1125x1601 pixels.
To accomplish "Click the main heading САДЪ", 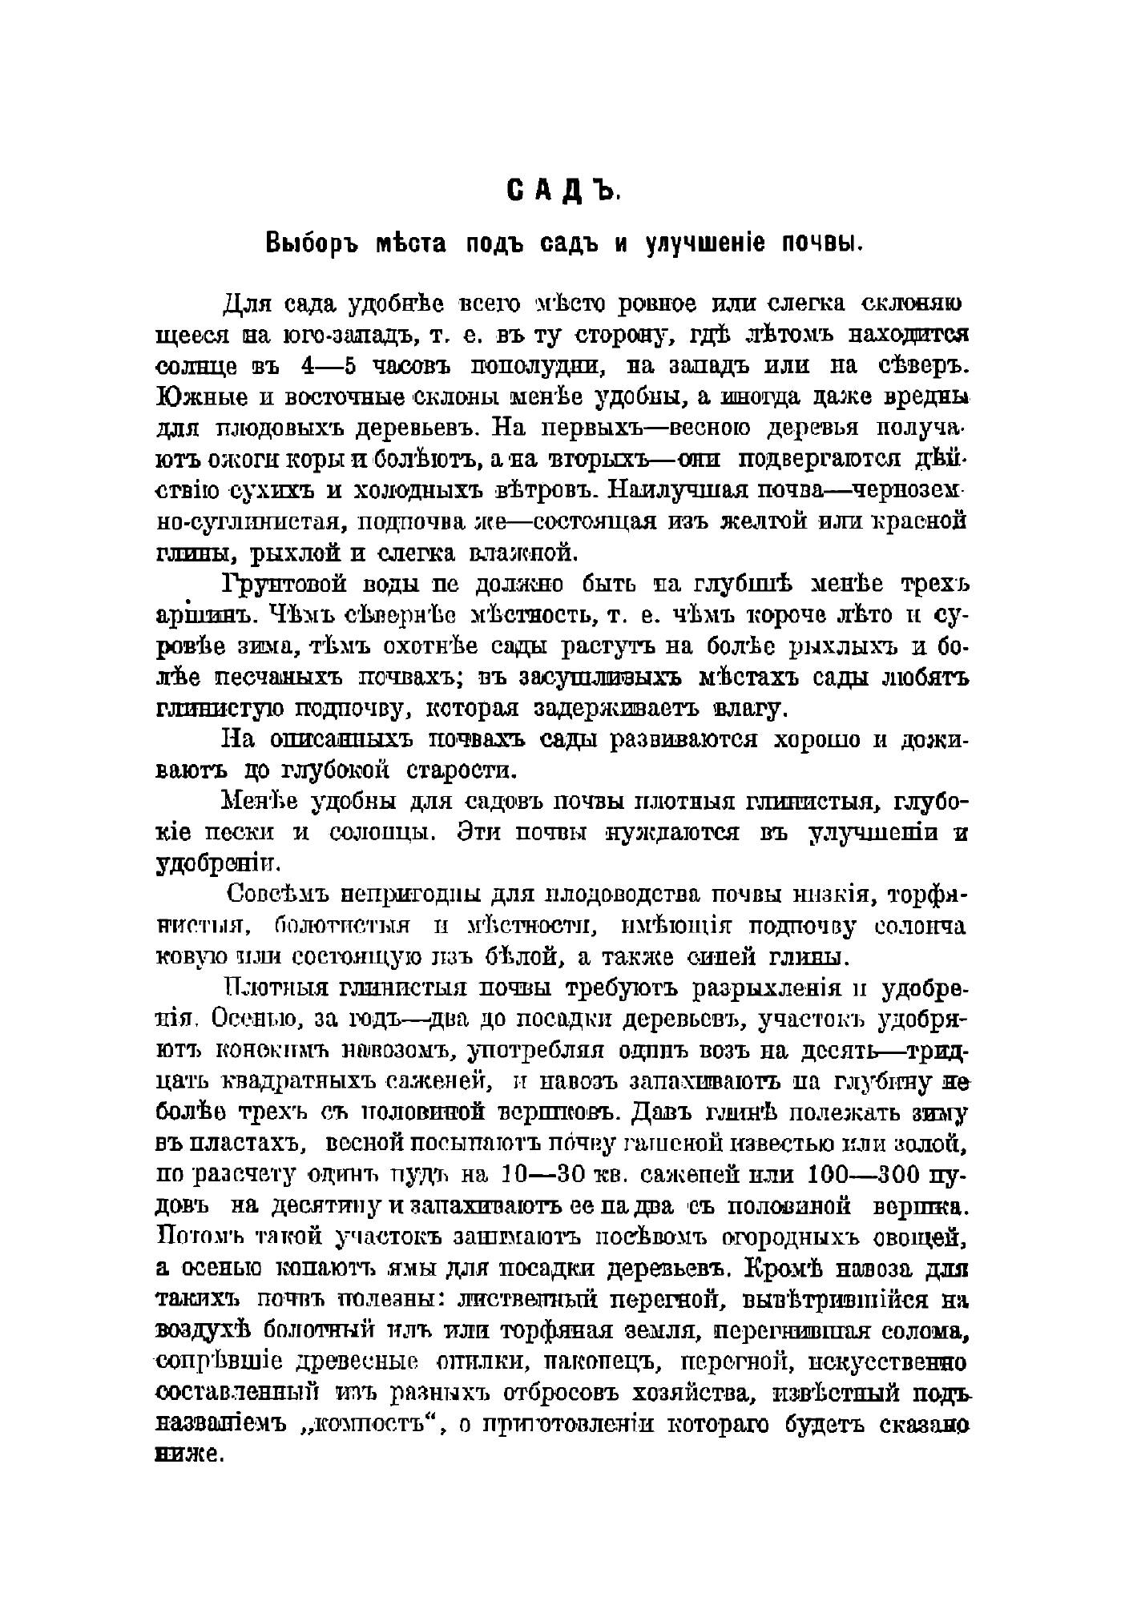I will [562, 191].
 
